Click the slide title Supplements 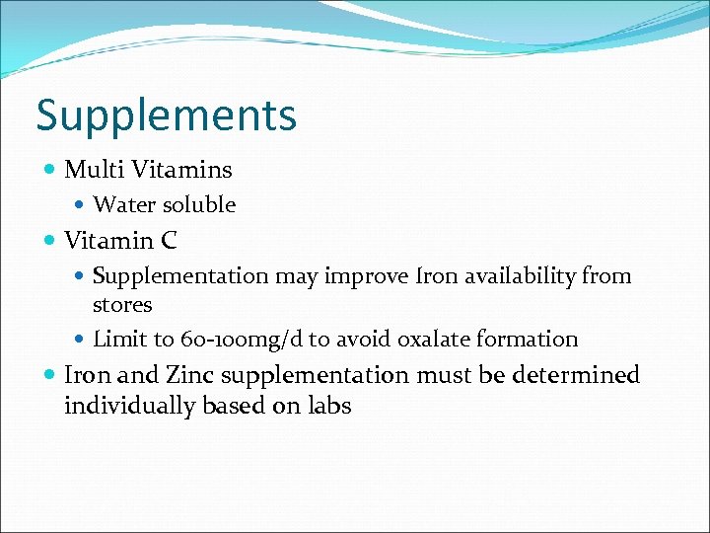click(166, 115)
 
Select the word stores click(122, 304)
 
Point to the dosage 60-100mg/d click(242, 341)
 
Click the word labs click(329, 406)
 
